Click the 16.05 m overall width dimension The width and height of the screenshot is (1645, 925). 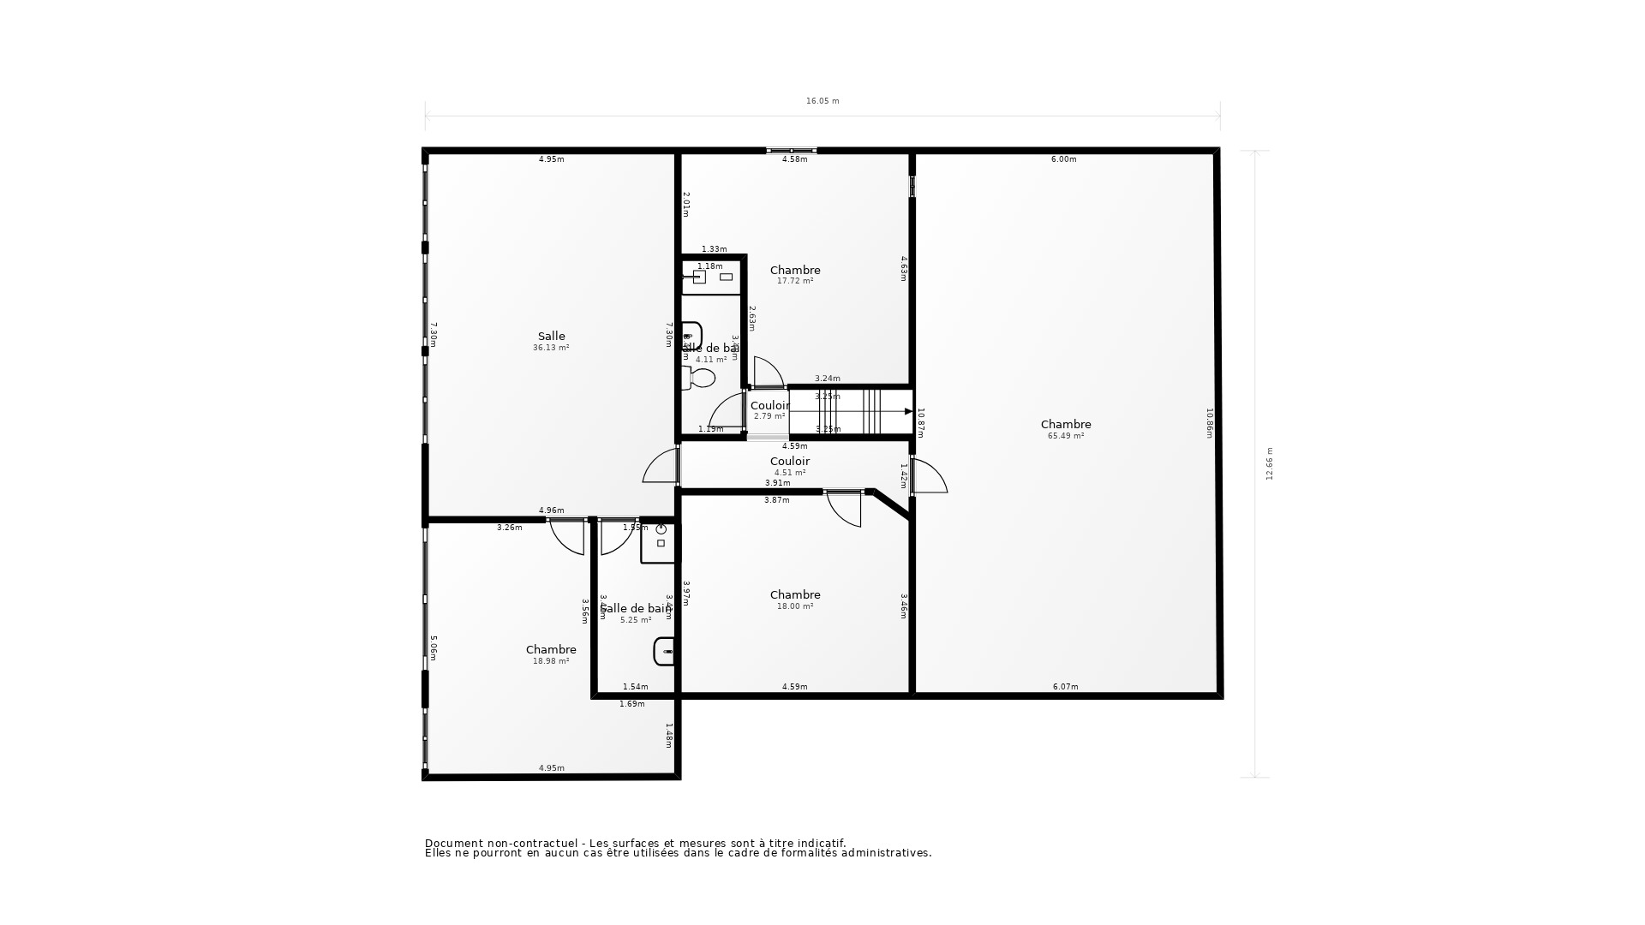pyautogui.click(x=822, y=101)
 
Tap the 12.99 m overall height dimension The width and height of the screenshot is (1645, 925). pyautogui.click(x=1270, y=463)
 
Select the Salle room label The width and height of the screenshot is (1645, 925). pyautogui.click(x=551, y=337)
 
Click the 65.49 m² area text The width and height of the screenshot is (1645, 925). pyautogui.click(x=1066, y=436)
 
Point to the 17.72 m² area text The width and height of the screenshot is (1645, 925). pyautogui.click(x=795, y=281)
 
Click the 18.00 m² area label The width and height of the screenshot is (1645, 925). pyautogui.click(x=795, y=606)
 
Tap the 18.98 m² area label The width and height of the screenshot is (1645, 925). pyautogui.click(x=551, y=661)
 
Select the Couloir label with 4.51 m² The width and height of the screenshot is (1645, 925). pyautogui.click(x=790, y=462)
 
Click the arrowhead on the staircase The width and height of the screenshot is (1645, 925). pyautogui.click(x=908, y=412)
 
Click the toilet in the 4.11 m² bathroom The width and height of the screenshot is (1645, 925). pyautogui.click(x=701, y=378)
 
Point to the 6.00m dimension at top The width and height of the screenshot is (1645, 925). pyautogui.click(x=1063, y=159)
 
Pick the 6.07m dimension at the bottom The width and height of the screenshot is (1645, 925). pyautogui.click(x=1065, y=687)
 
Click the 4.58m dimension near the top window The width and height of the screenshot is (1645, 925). pyautogui.click(x=794, y=159)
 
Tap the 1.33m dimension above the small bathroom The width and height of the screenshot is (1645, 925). pyautogui.click(x=714, y=249)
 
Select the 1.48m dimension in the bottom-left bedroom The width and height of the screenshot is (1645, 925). pyautogui.click(x=669, y=736)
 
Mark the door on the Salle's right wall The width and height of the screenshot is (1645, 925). pyautogui.click(x=661, y=467)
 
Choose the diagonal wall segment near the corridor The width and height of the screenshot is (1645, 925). pyautogui.click(x=891, y=504)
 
